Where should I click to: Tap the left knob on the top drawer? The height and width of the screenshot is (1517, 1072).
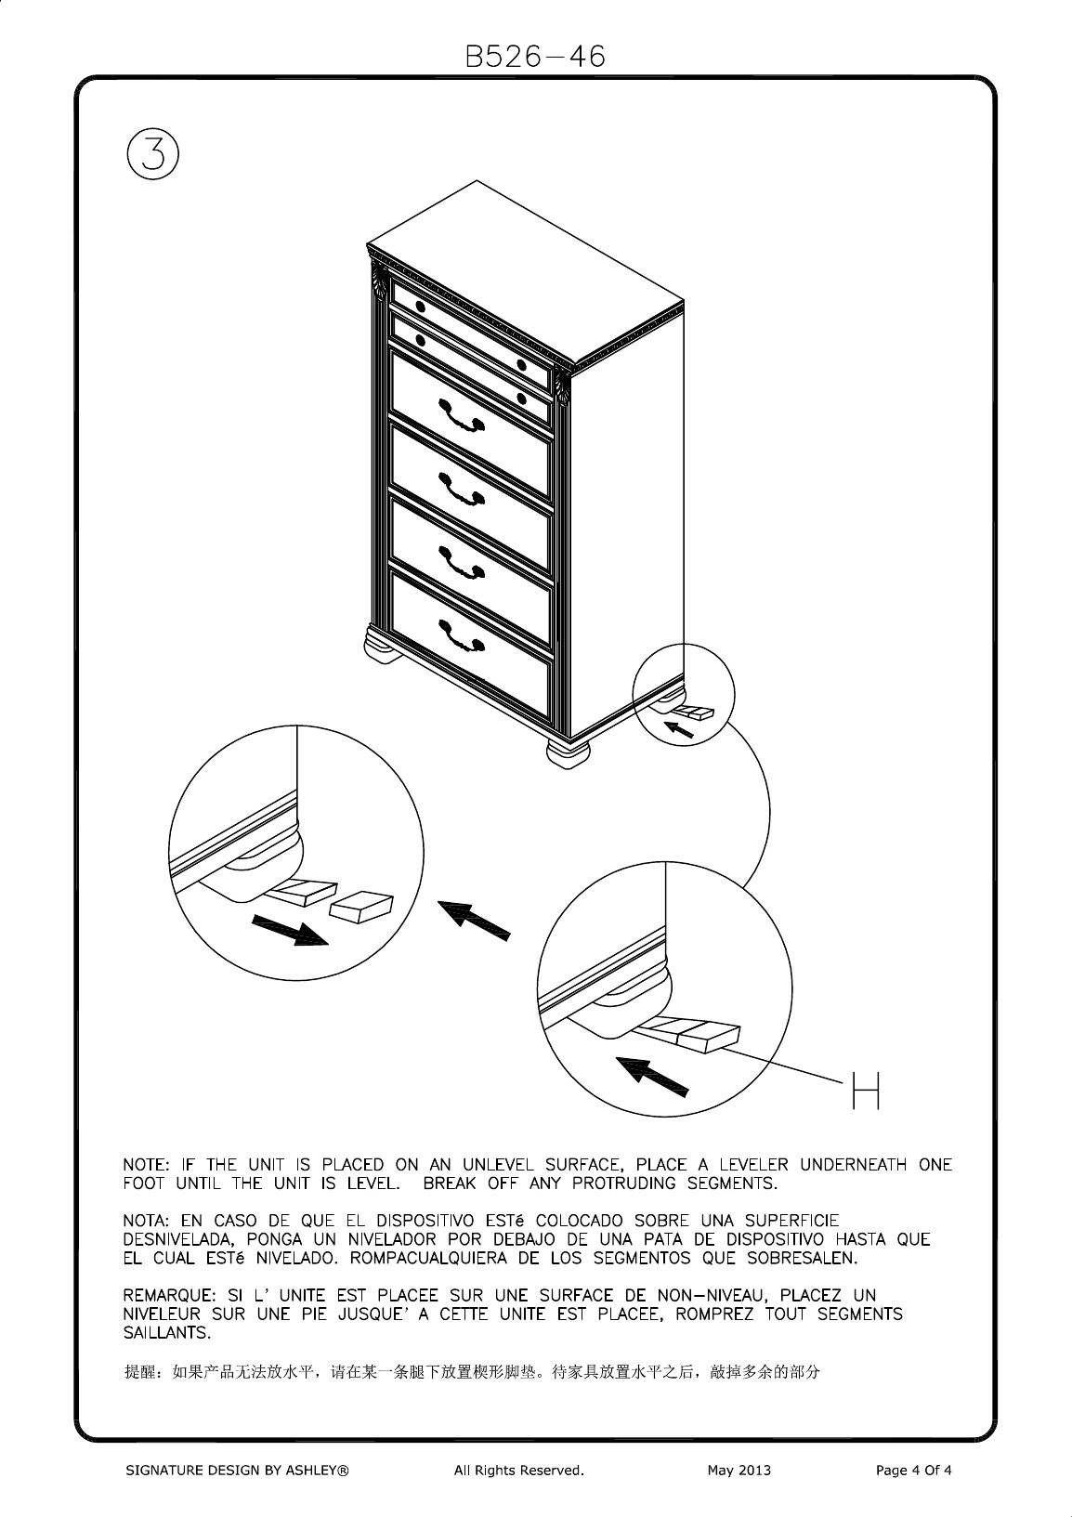click(x=420, y=307)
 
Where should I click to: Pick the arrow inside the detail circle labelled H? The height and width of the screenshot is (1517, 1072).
click(x=654, y=1077)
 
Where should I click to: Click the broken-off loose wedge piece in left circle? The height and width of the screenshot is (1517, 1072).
click(x=362, y=906)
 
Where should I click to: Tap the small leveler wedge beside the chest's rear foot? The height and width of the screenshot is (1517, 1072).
click(x=692, y=713)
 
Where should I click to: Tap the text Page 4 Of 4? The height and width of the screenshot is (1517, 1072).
click(x=914, y=1471)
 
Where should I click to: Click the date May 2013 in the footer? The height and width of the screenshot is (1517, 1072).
click(x=739, y=1471)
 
